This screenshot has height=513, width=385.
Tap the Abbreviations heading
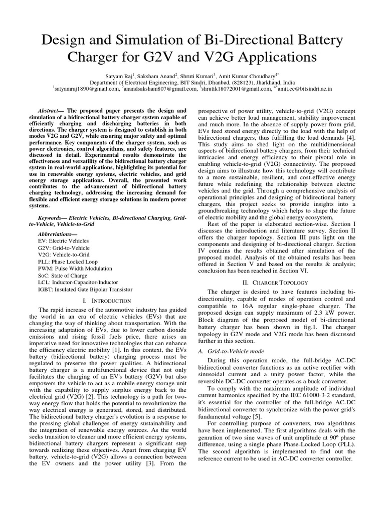click(58, 233)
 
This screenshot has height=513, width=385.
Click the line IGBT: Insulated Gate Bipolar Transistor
click(85, 290)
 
